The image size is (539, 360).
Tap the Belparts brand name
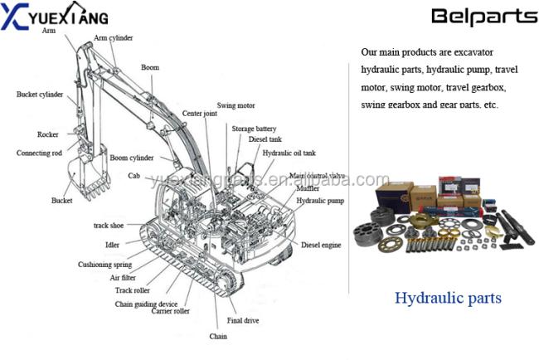(x=474, y=17)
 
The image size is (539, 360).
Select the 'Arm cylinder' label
(x=113, y=38)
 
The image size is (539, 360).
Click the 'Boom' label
(x=149, y=67)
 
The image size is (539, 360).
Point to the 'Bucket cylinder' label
(x=40, y=95)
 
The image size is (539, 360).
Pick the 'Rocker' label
(x=47, y=134)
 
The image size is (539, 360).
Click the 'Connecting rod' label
(x=39, y=153)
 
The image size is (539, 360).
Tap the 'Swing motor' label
(x=236, y=106)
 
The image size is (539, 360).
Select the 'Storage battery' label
(x=254, y=129)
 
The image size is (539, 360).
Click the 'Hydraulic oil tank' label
(x=289, y=153)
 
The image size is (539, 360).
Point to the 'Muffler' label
(x=308, y=189)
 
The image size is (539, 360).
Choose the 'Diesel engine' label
(x=321, y=246)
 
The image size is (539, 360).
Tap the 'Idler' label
(x=112, y=245)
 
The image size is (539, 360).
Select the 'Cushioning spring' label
(x=104, y=265)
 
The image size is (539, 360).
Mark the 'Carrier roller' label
(x=171, y=312)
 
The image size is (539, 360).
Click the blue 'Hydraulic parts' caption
(x=448, y=298)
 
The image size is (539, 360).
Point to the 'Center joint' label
(x=199, y=114)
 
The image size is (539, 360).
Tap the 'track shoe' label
(x=109, y=226)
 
